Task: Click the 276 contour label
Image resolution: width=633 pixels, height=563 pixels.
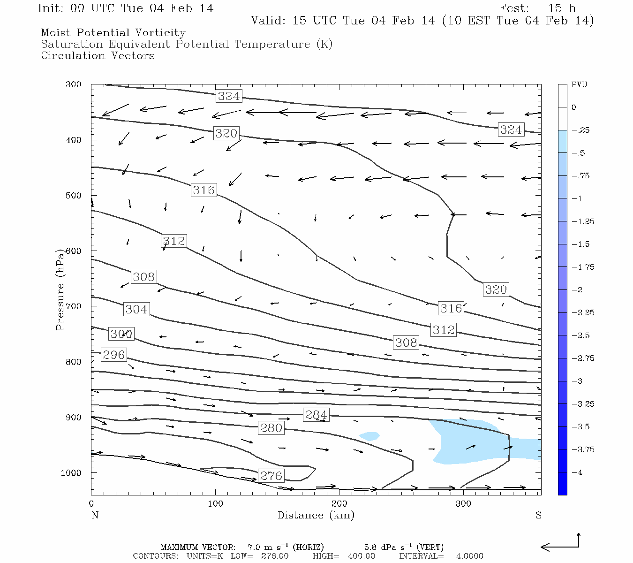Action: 271,476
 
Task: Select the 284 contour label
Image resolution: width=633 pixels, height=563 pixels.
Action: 316,415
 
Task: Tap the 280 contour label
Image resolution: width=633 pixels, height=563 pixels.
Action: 271,428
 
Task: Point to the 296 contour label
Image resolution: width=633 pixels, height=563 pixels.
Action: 114,355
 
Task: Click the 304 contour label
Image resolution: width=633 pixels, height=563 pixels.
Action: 136,309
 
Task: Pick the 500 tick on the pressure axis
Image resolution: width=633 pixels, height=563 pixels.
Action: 74,196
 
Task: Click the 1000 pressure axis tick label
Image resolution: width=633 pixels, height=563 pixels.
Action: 71,473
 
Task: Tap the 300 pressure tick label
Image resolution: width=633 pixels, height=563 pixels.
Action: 74,84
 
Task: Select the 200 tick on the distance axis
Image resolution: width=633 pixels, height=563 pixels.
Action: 339,504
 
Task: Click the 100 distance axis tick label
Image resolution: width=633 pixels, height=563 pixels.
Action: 216,504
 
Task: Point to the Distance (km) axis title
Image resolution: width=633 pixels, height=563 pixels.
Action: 316,515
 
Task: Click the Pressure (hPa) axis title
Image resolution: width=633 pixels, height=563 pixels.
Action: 60,289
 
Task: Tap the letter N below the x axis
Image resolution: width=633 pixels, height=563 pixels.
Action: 95,515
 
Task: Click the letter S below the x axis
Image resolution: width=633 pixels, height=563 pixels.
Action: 538,515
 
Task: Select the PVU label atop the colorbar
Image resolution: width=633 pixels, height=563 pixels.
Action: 579,84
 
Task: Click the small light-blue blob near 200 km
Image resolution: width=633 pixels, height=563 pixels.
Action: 369,436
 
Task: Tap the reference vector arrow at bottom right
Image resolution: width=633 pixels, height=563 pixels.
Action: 561,545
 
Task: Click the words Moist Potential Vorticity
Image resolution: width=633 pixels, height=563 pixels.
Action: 113,33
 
